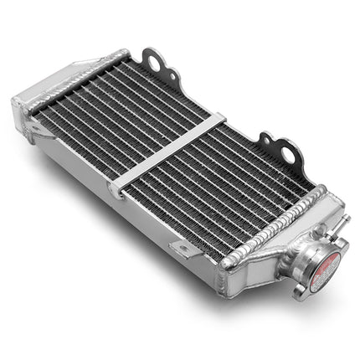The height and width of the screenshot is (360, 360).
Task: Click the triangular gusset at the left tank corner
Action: [33, 126]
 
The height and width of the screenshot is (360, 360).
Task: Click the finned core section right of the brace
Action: [226, 184]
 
